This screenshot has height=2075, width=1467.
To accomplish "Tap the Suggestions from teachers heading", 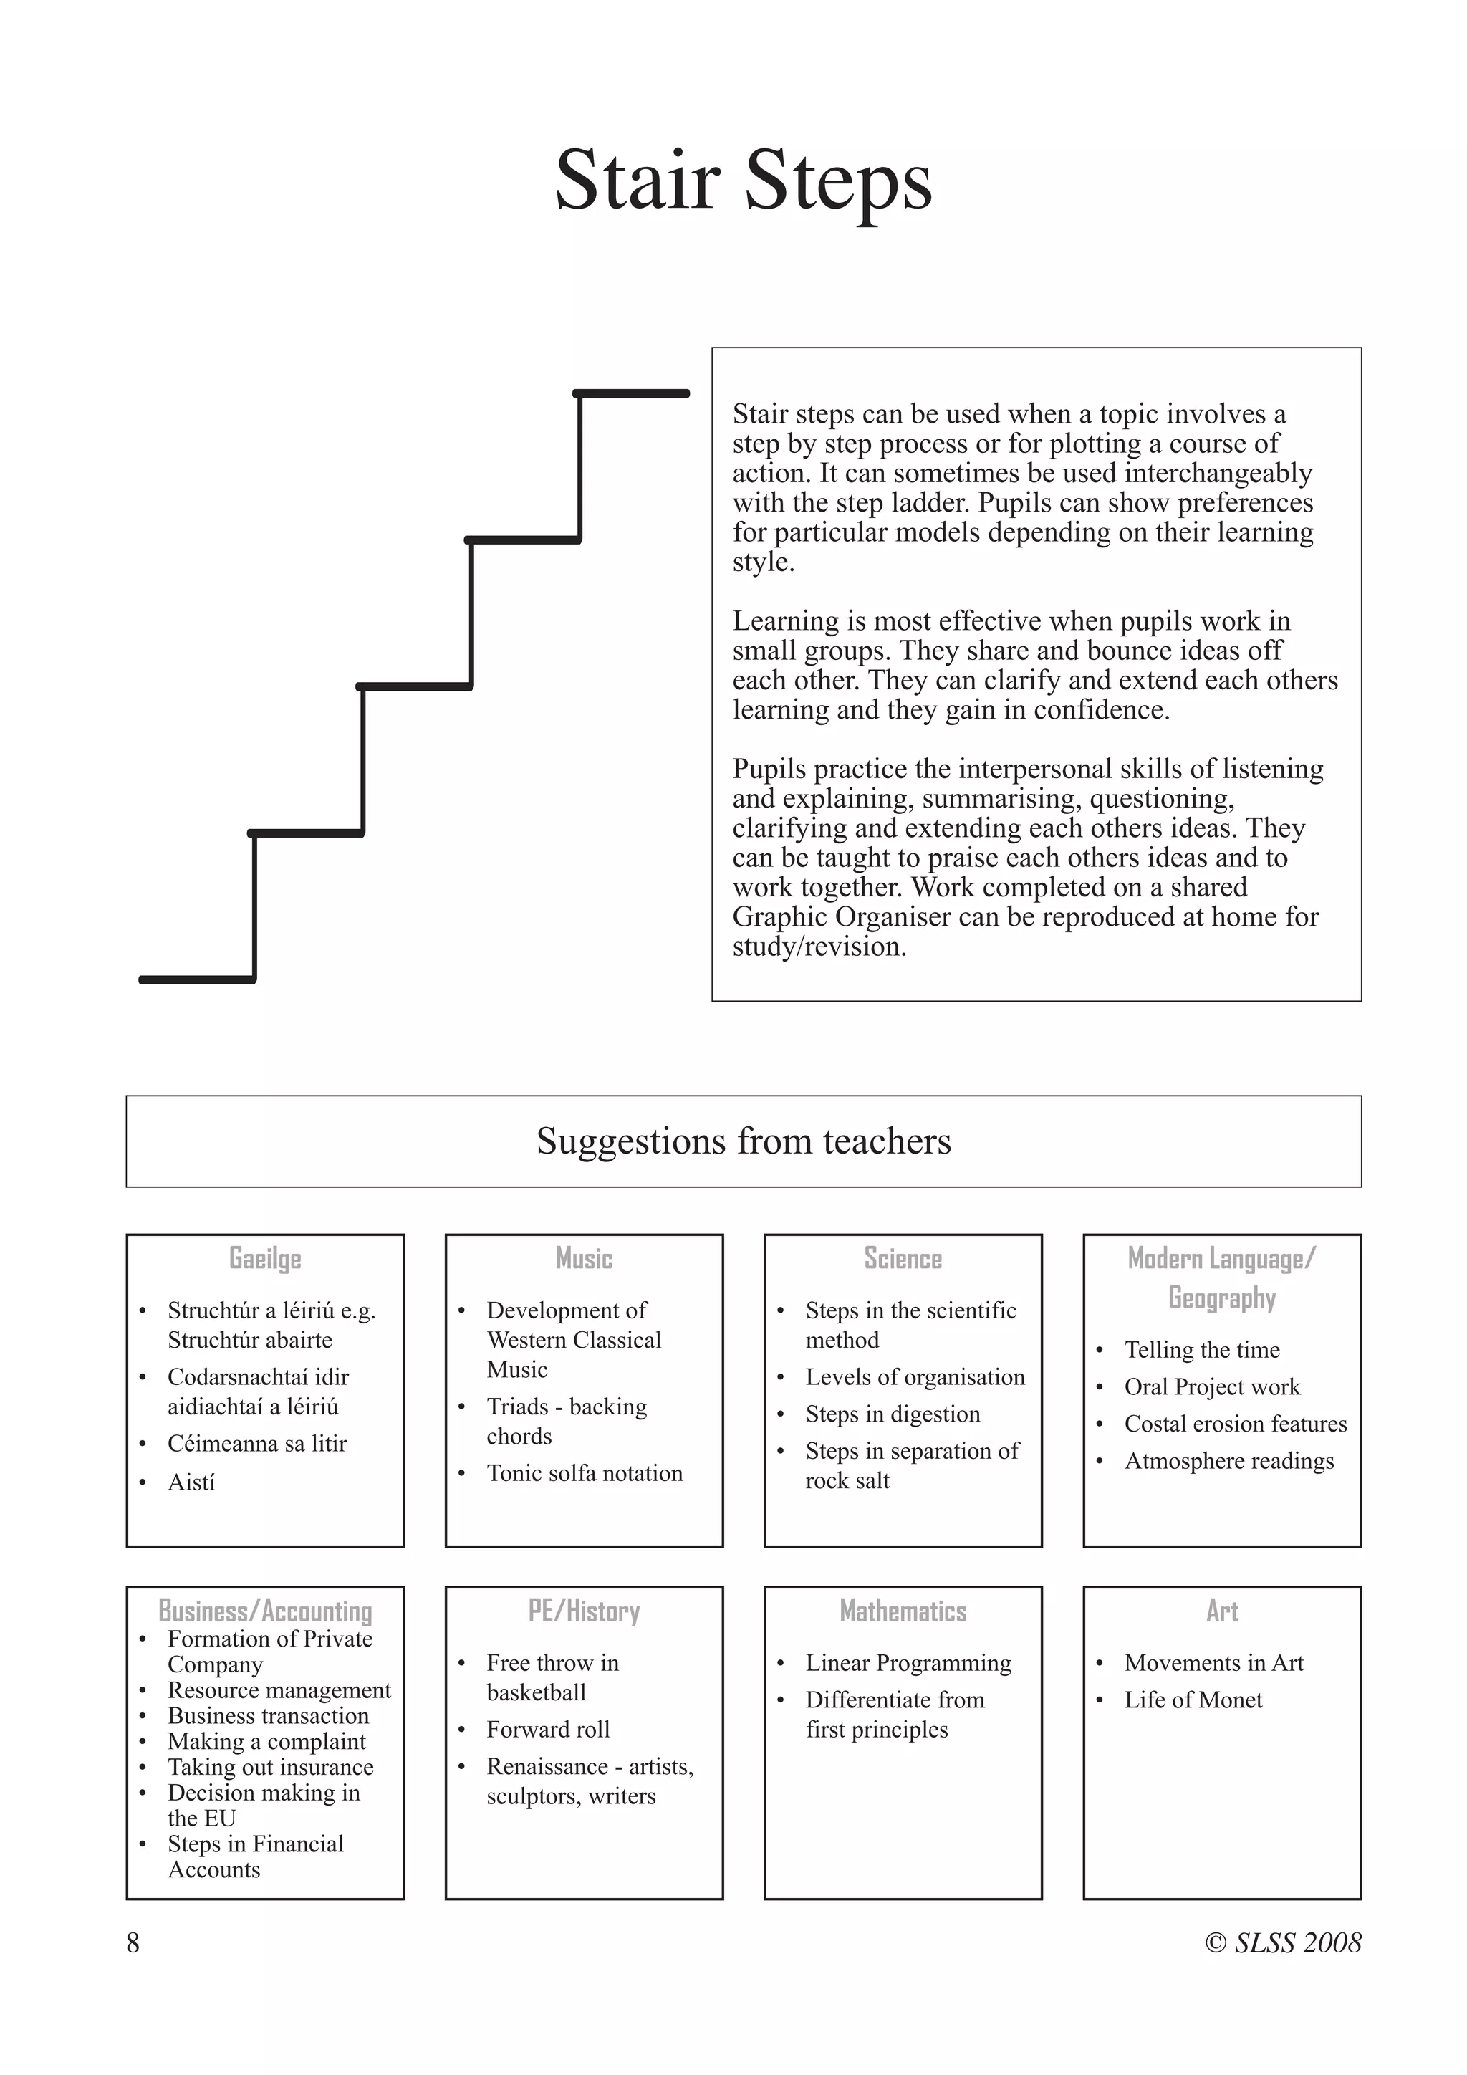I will [x=743, y=1141].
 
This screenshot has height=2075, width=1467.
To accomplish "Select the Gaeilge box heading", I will [x=264, y=1258].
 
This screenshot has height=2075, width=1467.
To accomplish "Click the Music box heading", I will [x=584, y=1258].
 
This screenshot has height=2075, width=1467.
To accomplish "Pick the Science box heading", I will [x=903, y=1258].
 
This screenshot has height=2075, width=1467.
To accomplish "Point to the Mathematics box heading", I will [x=903, y=1611].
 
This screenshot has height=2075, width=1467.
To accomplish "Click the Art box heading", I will [x=1221, y=1611].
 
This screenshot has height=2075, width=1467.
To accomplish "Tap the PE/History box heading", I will [x=584, y=1611].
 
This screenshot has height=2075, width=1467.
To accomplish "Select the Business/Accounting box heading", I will [x=264, y=1611].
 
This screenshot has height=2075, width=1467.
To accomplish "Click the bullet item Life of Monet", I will [x=1193, y=1700].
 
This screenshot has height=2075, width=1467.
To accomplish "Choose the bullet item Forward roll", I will [x=547, y=1729].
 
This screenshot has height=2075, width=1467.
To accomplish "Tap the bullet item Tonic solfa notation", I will [x=585, y=1473].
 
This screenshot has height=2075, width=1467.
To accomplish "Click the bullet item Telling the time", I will [x=1201, y=1349].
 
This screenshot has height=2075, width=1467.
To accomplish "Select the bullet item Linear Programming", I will [x=908, y=1663].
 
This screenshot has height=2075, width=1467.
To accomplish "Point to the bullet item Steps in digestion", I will [x=893, y=1414].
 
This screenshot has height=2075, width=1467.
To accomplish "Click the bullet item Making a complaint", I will [x=266, y=1742].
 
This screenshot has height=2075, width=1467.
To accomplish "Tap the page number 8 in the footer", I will [x=133, y=1943].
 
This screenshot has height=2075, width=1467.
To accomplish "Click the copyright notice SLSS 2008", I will [x=1283, y=1943].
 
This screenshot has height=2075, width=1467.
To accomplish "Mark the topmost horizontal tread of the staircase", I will [x=631, y=393].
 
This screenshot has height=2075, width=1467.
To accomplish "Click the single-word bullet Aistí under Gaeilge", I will [x=191, y=1482].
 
